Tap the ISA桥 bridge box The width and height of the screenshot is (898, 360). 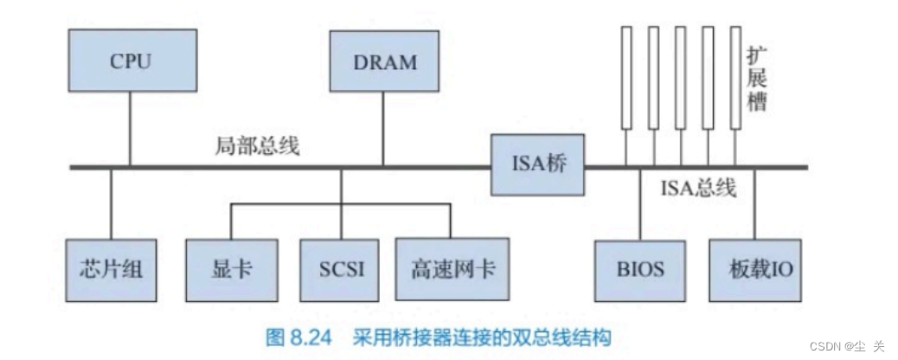point(538,164)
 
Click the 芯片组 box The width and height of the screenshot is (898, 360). point(112,269)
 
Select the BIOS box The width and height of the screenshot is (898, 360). point(641,269)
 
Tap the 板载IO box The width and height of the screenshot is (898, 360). point(755,269)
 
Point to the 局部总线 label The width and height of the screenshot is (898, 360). point(257,146)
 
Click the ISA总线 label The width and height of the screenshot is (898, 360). point(697,187)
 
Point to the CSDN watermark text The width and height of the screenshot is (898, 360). point(847,346)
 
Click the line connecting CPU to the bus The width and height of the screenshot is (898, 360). point(130,130)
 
